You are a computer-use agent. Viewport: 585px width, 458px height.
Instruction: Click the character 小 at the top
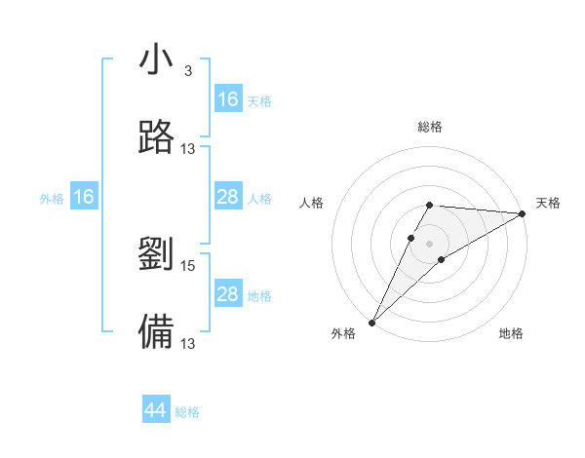156,60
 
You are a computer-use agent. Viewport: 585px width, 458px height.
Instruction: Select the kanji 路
156,137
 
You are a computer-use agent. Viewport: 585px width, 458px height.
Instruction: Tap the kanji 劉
156,254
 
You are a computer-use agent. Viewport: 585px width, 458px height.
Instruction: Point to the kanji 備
156,332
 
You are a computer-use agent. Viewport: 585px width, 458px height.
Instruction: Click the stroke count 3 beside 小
188,70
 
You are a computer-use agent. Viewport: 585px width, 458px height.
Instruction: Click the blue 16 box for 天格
228,99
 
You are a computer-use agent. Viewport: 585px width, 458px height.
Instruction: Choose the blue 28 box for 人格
228,197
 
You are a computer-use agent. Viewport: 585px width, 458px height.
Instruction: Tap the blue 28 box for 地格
228,294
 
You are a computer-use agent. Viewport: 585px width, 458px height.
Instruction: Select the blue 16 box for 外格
84,197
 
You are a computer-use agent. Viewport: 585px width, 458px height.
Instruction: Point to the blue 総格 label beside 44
187,412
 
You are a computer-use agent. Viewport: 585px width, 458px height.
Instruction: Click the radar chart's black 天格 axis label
549,203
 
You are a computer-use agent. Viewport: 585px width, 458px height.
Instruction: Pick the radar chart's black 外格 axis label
343,334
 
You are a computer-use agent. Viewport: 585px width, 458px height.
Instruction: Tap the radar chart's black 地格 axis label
511,334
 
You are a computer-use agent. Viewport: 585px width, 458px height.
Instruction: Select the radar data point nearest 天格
523,213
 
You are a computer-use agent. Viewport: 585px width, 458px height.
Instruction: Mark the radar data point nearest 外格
371,323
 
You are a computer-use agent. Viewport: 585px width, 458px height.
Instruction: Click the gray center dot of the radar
429,243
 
